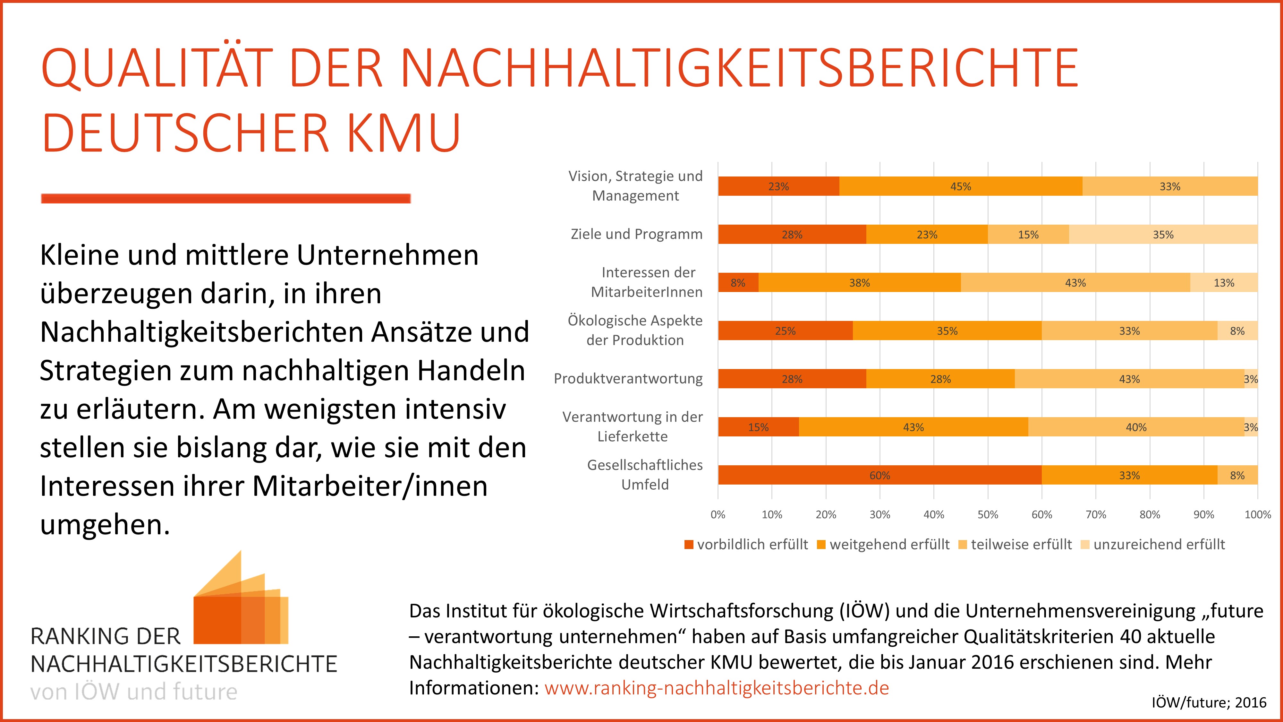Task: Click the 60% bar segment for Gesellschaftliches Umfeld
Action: coord(879,475)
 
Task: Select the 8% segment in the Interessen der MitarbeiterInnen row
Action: coord(738,282)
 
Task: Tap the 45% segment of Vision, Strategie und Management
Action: coord(960,186)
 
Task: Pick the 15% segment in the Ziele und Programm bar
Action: coord(1028,234)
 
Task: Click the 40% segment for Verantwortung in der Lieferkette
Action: coord(1136,427)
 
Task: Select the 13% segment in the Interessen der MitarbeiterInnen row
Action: coord(1224,282)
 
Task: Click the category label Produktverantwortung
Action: coord(628,379)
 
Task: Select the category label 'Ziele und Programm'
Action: coord(636,234)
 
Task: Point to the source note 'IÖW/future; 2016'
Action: coord(1209,702)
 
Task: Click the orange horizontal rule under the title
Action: coord(225,198)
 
